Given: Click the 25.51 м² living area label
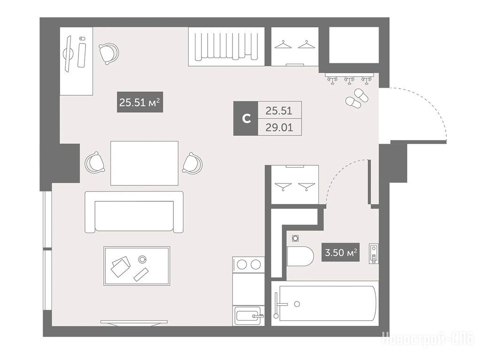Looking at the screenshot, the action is pos(140,102).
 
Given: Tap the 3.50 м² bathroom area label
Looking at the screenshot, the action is pos(341,253).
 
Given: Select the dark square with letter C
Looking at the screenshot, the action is pos(246,118).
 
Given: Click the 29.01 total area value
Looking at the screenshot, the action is pos(279,127).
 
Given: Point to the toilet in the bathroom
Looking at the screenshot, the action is pos(300,256).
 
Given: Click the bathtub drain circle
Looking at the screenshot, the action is pos(297,304).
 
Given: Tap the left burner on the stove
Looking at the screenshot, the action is pos(242,264).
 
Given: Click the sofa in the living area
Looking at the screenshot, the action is pos(134,212).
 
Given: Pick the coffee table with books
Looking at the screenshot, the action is pos(137,266).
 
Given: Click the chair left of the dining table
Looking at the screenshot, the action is pos(95,162).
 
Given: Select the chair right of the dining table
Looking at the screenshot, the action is pos(192,163).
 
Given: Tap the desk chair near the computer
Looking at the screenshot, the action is pos(109,54).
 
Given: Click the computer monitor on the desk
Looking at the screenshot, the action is pos(68,54).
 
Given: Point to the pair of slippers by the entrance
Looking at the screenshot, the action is pos(357,98).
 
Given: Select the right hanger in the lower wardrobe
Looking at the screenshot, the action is pos(306,186).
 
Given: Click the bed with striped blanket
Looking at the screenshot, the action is pos(226,46).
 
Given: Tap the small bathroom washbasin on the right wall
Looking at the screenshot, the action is pos(373,254).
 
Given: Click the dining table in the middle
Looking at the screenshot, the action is pos(144,163).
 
